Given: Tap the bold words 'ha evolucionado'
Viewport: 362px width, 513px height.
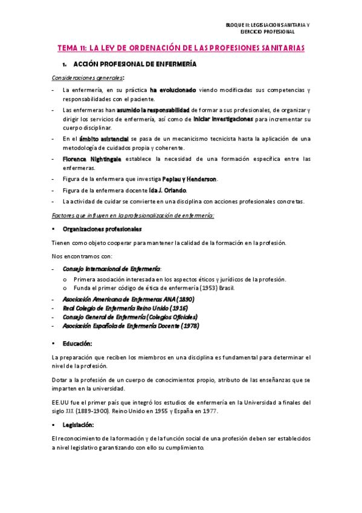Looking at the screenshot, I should coord(173,90).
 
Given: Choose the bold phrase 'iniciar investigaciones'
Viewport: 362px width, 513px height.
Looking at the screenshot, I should coord(224,120).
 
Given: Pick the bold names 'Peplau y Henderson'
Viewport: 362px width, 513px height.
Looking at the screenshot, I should coord(190,180).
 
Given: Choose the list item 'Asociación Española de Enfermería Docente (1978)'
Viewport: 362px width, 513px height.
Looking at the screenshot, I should coord(131,326).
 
